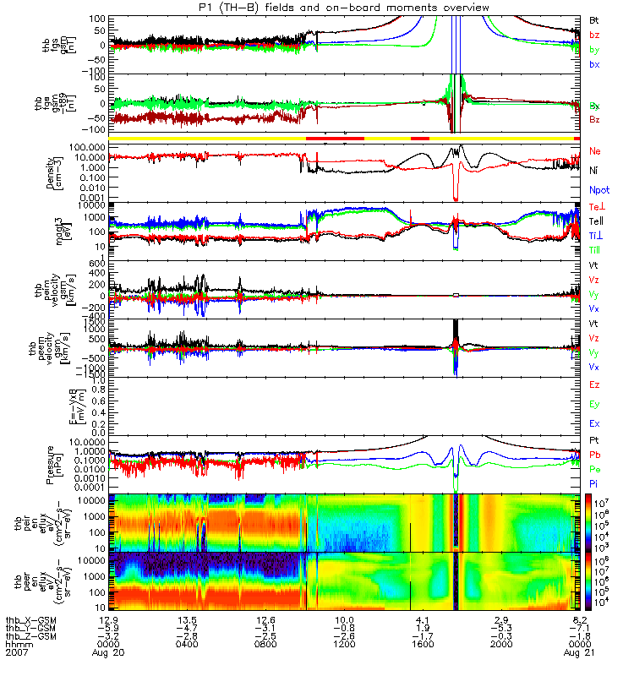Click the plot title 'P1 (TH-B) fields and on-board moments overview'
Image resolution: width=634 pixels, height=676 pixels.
coord(316,8)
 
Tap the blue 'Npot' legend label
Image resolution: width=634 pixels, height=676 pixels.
coord(598,190)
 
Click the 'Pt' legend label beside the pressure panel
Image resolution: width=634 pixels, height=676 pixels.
coord(593,442)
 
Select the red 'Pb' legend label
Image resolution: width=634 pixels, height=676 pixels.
coord(593,455)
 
